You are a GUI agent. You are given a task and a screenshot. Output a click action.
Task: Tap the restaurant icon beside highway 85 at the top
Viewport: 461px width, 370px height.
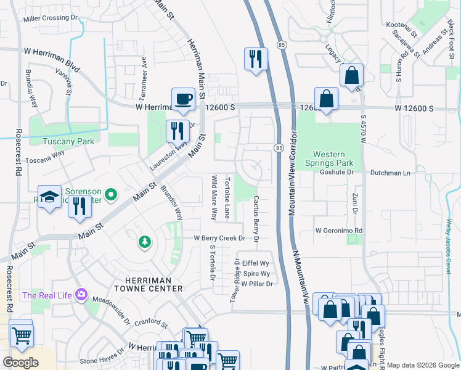256,59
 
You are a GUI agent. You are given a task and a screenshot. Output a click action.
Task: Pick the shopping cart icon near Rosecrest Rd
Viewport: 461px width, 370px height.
21,335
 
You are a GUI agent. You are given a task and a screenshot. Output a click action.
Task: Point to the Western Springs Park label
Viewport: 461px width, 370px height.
333,158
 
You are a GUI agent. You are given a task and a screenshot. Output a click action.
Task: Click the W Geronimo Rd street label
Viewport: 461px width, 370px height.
338,231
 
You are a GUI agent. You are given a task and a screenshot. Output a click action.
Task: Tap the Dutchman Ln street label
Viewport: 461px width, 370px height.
390,174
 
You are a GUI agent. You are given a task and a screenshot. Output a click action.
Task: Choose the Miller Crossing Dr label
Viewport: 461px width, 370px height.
51,18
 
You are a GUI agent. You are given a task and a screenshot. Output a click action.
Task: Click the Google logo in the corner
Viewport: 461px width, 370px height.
20,362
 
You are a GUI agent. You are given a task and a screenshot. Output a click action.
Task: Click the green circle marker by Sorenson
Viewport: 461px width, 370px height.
110,196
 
